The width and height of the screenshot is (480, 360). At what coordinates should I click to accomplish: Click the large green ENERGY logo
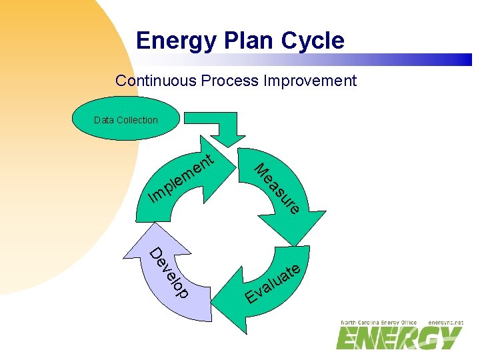click(399, 339)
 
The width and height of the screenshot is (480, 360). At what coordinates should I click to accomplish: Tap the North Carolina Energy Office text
click(378, 323)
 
